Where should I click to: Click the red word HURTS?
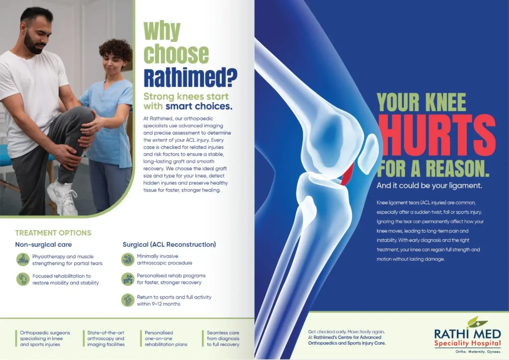436,134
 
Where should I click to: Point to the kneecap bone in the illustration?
368,154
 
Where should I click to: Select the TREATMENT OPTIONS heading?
53,233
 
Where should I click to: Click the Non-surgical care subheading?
44,245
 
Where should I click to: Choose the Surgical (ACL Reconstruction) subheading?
169,245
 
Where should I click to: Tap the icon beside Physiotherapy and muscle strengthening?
23,260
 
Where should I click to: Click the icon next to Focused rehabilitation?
23,279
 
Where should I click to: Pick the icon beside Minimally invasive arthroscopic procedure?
128,260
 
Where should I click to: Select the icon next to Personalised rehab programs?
128,279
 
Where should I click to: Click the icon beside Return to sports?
128,300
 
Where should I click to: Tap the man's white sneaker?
63,197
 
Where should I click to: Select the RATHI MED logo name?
467,334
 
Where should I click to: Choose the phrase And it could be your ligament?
429,185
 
